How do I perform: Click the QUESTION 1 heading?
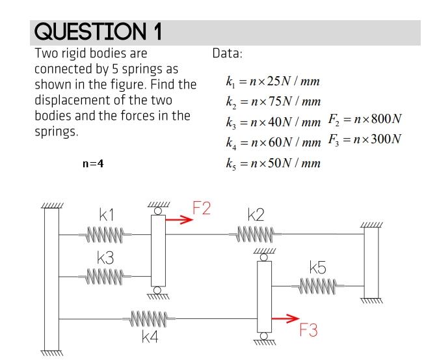(98, 32)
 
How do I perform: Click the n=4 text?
(93, 164)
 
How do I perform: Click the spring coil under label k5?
(318, 285)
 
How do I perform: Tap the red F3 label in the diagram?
(309, 331)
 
